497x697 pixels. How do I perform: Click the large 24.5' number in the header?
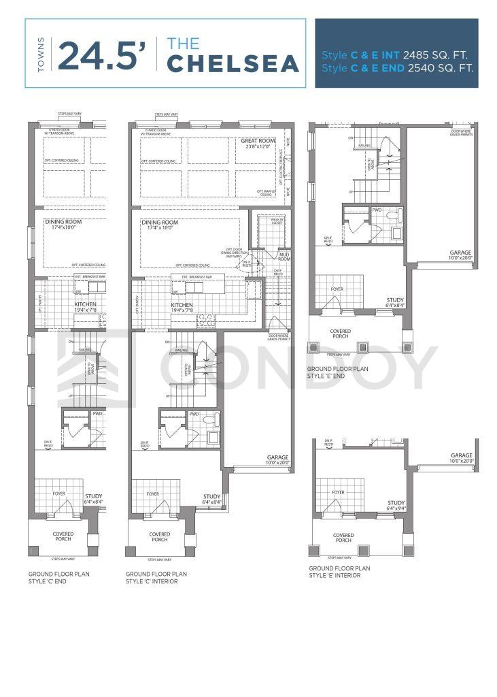click(x=102, y=56)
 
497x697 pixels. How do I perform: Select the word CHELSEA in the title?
click(x=233, y=63)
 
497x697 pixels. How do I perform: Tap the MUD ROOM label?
click(x=284, y=257)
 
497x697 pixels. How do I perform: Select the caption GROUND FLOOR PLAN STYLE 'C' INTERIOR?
click(x=156, y=577)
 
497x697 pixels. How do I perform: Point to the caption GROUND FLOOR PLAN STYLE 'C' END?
click(x=58, y=577)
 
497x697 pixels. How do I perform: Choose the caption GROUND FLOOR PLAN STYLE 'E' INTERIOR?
click(x=339, y=572)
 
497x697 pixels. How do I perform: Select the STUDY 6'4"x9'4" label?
click(x=396, y=505)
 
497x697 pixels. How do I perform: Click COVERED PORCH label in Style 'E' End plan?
click(x=340, y=334)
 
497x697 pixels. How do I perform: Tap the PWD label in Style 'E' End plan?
click(x=377, y=210)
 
